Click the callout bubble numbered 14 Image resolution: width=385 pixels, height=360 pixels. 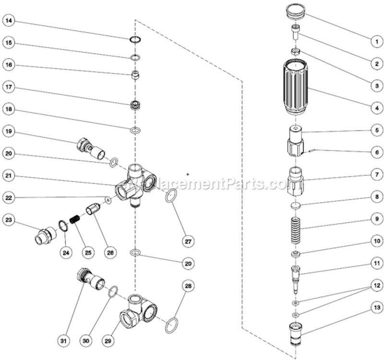[x=10, y=21]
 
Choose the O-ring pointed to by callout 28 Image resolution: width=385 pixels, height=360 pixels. [x=172, y=326]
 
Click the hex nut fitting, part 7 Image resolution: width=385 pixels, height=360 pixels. [x=296, y=181]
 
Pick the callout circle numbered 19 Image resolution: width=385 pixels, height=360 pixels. [x=10, y=131]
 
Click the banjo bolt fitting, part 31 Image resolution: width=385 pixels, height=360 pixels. [x=90, y=280]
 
